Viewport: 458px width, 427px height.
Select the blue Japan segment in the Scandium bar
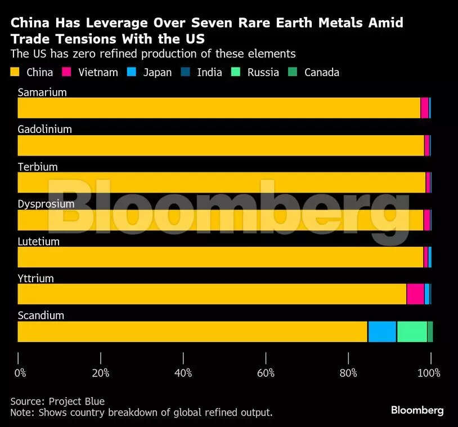[382, 331]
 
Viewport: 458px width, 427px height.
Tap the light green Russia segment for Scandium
[412, 331]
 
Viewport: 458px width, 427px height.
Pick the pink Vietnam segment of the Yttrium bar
[415, 294]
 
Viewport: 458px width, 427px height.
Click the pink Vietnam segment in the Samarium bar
[424, 108]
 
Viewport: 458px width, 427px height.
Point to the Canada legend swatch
[292, 72]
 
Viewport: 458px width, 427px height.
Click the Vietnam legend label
[98, 72]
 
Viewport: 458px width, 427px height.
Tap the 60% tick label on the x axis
[266, 373]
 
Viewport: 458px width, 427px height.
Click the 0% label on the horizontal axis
[20, 373]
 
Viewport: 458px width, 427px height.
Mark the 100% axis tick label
[430, 373]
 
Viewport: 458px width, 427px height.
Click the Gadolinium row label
[44, 130]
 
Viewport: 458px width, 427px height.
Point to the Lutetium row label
[38, 242]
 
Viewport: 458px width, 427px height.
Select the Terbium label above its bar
[38, 167]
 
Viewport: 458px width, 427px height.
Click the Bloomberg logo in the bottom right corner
[417, 411]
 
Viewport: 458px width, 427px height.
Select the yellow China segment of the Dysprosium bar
[219, 220]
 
